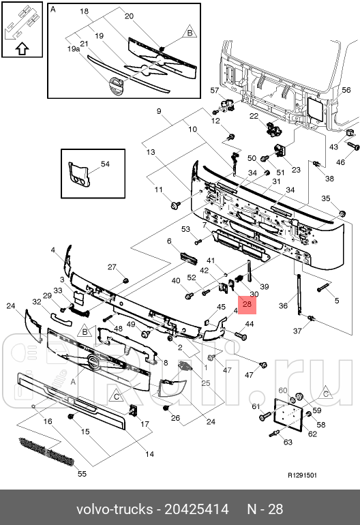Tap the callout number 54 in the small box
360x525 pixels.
105,165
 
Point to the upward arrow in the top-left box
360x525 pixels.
21,48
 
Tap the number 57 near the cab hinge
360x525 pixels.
213,91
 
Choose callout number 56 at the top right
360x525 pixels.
346,90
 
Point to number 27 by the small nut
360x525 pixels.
112,267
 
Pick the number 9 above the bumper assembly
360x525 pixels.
159,111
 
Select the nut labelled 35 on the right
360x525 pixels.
342,213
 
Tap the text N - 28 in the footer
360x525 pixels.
264,509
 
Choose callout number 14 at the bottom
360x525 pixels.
149,454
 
